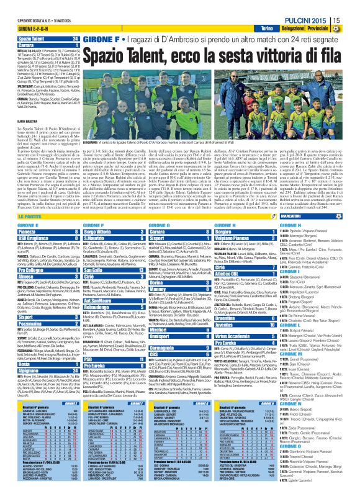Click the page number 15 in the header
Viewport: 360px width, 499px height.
(352, 22)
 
